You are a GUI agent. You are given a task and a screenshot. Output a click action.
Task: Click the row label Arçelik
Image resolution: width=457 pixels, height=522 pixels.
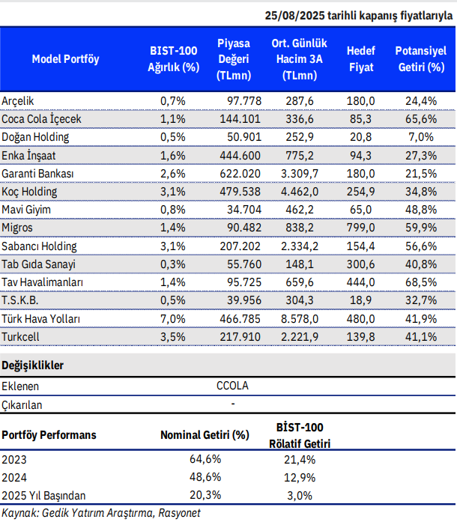(18, 100)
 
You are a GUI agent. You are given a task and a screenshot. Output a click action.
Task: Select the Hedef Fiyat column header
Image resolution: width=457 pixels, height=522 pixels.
(360, 59)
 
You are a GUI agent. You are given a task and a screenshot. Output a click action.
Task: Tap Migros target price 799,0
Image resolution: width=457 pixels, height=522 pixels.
(360, 228)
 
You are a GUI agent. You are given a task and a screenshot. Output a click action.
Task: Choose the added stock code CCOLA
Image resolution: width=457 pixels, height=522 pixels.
(233, 386)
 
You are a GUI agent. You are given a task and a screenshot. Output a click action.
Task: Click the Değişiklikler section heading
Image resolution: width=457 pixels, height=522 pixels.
(33, 365)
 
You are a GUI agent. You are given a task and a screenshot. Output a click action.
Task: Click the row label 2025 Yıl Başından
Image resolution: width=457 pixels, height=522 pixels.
(44, 495)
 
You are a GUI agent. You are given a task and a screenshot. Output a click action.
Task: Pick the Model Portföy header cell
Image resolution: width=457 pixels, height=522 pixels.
(65, 59)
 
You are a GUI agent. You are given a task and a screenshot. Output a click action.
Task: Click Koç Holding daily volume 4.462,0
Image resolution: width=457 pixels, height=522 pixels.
(300, 191)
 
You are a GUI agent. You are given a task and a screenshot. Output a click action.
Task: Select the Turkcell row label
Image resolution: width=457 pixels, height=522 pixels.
(22, 337)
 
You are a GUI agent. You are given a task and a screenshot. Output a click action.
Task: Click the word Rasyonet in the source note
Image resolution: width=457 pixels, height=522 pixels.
(181, 512)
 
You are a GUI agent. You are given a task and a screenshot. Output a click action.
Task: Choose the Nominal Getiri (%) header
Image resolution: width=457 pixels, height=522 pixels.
(205, 434)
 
